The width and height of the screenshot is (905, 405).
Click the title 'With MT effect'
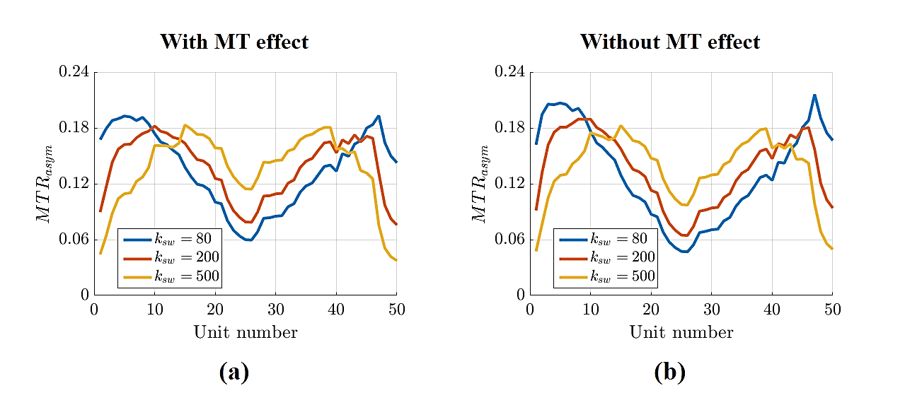[x=234, y=42]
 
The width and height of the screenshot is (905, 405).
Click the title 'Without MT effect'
[x=670, y=42]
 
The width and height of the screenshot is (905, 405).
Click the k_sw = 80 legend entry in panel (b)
[x=623, y=239]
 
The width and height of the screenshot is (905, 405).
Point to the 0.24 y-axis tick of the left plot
[x=74, y=72]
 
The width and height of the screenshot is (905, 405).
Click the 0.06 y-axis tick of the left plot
[x=74, y=240]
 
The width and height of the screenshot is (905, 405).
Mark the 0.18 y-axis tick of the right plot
[x=509, y=128]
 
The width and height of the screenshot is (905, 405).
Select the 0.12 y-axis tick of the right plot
[x=509, y=184]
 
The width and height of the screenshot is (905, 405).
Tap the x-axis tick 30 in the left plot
[x=275, y=308]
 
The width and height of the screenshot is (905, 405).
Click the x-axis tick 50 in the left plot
[x=396, y=308]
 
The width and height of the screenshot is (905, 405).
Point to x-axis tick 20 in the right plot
[x=651, y=308]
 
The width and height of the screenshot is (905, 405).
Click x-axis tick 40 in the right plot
[x=772, y=308]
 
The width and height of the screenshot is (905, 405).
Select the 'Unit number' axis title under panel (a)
[x=246, y=332]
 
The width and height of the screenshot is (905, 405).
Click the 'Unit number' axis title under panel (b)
[x=681, y=332]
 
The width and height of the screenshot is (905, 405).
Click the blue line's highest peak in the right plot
[x=814, y=95]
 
